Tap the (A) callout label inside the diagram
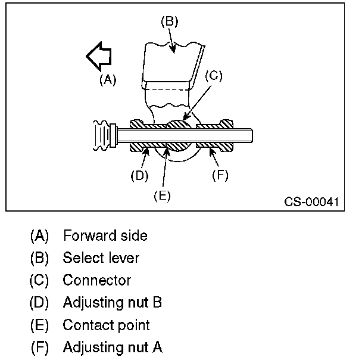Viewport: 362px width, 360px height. [x=107, y=80]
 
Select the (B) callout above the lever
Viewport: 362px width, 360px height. [x=170, y=21]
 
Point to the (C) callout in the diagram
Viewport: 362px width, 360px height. [x=213, y=76]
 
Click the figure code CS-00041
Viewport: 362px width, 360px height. [x=311, y=202]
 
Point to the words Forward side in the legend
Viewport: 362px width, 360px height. [x=105, y=235]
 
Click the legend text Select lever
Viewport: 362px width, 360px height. [x=101, y=258]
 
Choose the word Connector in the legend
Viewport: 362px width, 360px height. [x=96, y=280]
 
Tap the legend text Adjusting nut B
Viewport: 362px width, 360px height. [x=112, y=303]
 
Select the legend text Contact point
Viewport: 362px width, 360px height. [x=106, y=325]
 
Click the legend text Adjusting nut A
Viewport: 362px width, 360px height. [x=112, y=347]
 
